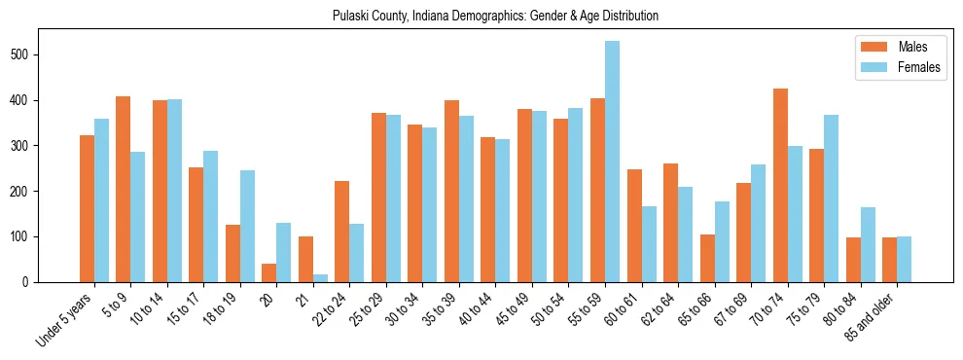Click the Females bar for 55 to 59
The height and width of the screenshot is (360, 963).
tap(613, 162)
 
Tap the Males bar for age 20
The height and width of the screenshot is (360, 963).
tap(268, 272)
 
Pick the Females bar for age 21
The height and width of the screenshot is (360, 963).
tap(320, 278)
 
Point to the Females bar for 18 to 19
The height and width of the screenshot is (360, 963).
tap(247, 226)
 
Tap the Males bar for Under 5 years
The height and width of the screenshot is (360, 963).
tap(87, 208)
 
